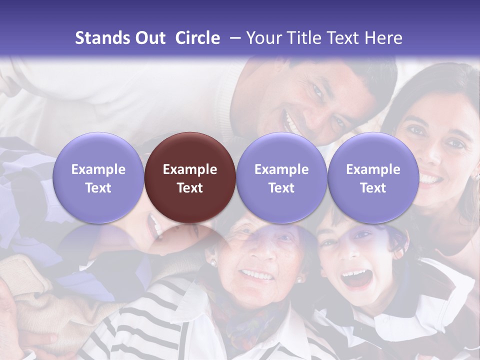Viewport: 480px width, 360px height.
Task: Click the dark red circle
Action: point(190,177)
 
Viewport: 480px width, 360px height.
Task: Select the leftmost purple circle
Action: point(98,177)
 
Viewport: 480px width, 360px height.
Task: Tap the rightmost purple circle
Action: point(373,177)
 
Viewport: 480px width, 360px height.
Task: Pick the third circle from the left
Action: point(281,177)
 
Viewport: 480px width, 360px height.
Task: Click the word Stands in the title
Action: point(101,38)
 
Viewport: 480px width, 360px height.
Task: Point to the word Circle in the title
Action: point(197,38)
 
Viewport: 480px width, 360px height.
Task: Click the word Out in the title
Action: point(149,38)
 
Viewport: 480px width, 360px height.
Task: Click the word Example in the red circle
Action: point(190,169)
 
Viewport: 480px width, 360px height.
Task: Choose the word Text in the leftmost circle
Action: point(98,188)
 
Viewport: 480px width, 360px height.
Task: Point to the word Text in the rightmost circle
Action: point(373,188)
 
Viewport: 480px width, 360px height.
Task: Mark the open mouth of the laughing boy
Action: point(356,277)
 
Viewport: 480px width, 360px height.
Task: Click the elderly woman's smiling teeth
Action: point(256,274)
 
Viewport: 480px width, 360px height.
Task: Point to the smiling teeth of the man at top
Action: point(290,123)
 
